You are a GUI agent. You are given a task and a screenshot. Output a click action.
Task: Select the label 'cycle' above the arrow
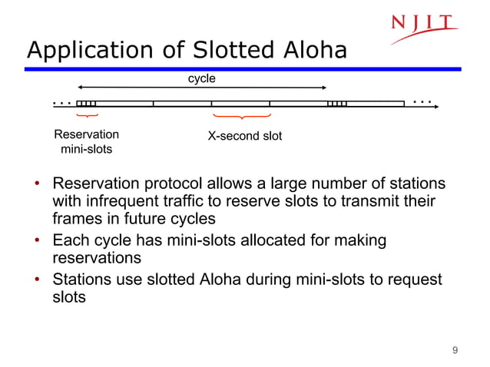[202, 78]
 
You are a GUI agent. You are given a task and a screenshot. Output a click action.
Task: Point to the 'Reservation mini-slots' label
[86, 142]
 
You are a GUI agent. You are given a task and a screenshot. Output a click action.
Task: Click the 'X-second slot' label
[245, 136]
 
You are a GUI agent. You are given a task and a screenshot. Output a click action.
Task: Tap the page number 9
[455, 351]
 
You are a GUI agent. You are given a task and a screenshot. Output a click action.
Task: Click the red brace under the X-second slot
[242, 117]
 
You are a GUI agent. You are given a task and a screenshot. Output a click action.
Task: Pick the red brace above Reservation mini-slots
[88, 116]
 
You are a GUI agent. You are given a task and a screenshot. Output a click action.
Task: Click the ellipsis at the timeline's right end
[422, 101]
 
